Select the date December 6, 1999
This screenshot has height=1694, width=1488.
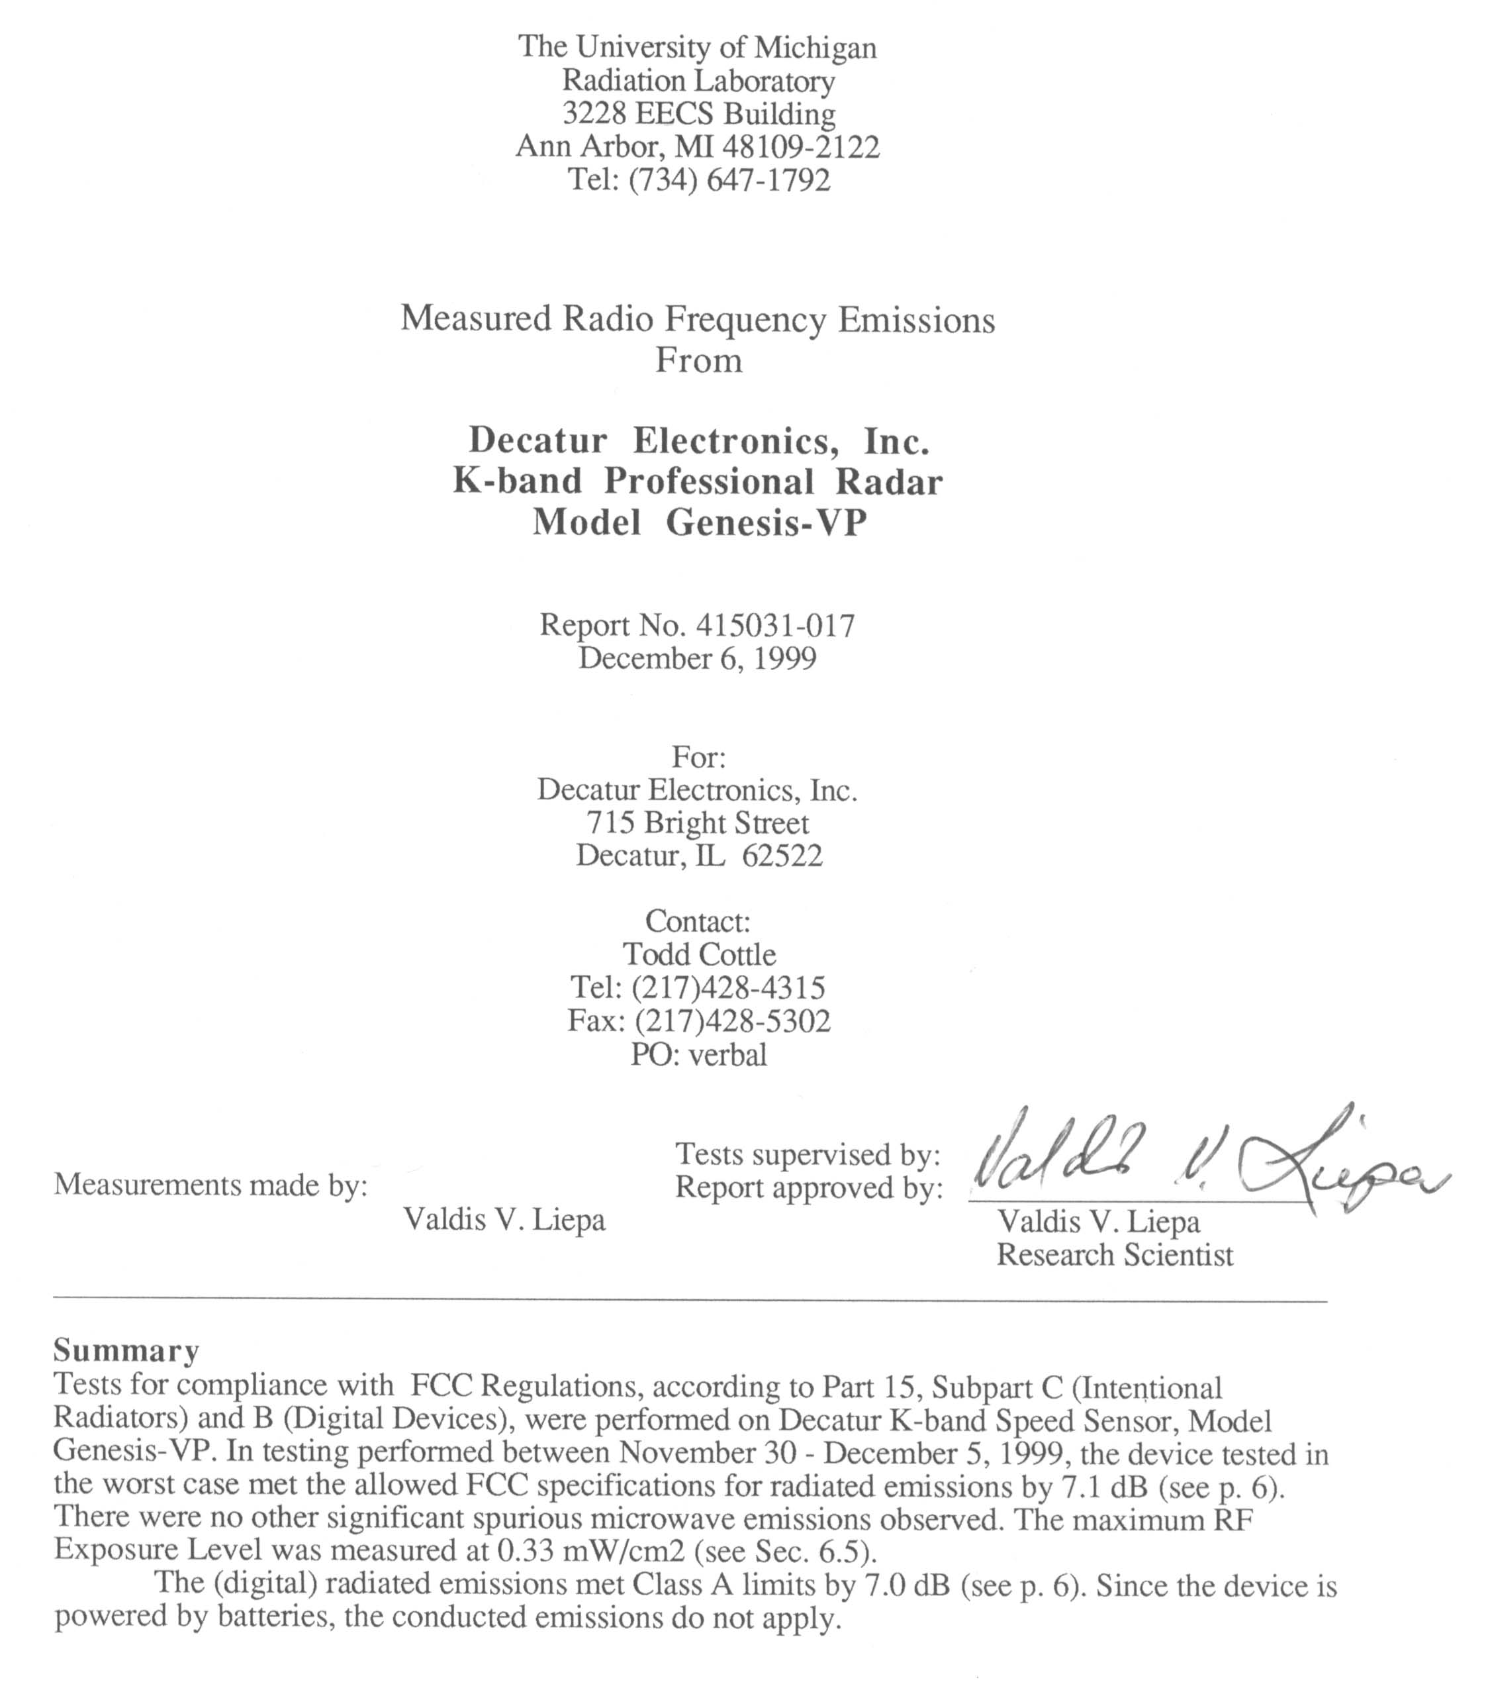tap(697, 659)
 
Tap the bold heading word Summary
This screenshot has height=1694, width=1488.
tap(126, 1351)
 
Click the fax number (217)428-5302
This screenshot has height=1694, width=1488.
tap(732, 1021)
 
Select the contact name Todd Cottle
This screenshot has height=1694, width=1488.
tap(698, 955)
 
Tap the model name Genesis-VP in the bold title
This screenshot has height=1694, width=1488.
tap(766, 523)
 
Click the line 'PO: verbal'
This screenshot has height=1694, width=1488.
tap(698, 1055)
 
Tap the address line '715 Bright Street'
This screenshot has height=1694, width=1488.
tap(698, 823)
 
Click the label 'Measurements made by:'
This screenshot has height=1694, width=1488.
tap(210, 1185)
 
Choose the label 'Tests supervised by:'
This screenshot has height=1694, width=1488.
tap(807, 1154)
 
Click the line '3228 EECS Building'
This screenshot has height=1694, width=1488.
tap(698, 113)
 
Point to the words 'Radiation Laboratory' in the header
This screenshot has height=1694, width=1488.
tap(698, 81)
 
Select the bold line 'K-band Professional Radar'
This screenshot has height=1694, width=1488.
tap(698, 482)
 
